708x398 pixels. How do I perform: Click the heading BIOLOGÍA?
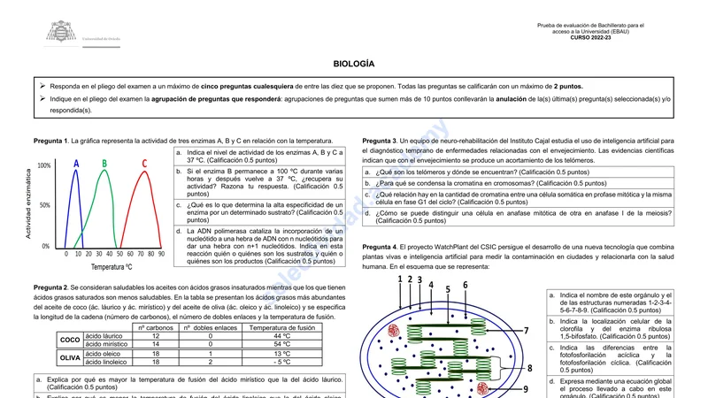(354, 65)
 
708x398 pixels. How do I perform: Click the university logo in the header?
(61, 33)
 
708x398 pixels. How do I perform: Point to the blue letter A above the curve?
(76, 164)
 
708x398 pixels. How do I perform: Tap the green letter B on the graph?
(104, 164)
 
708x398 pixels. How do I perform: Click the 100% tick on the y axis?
(44, 165)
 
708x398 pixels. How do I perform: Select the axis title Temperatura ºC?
(111, 266)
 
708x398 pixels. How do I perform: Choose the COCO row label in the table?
(69, 341)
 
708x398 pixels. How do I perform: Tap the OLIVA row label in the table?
(69, 357)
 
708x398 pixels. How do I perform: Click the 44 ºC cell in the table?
(281, 336)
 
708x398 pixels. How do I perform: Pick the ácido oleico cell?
(104, 353)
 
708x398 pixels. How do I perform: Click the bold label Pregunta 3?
(380, 141)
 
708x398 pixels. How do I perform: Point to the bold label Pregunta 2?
(50, 288)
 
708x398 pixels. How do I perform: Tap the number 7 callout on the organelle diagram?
(526, 331)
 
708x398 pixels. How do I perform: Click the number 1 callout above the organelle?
(400, 279)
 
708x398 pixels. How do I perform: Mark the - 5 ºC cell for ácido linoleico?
(281, 362)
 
